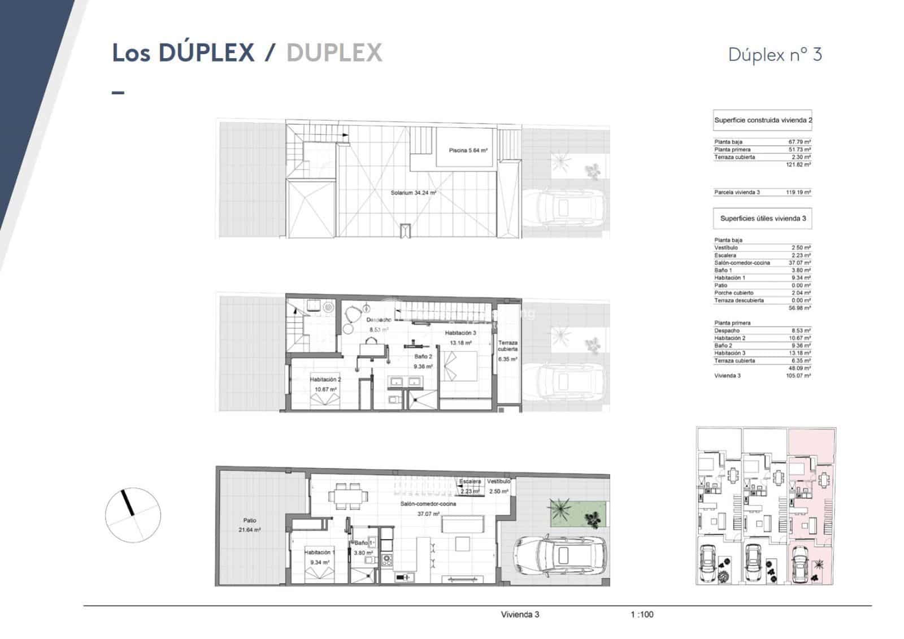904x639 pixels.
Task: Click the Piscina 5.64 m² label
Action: [x=468, y=150]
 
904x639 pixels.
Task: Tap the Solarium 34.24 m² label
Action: [x=413, y=193]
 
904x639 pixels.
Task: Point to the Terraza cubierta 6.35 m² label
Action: [x=507, y=350]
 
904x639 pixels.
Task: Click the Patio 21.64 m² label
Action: [x=249, y=525]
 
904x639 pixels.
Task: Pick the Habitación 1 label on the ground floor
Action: [x=319, y=557]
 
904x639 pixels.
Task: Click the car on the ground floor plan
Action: [x=559, y=557]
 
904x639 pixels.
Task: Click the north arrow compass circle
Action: [x=133, y=515]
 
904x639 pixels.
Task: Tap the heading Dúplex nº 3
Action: [x=775, y=55]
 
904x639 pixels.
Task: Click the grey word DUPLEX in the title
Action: [x=334, y=53]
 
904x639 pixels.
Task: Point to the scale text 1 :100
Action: [x=642, y=614]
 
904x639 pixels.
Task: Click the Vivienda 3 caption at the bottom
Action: [x=520, y=614]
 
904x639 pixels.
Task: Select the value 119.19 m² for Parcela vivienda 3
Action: [x=798, y=192]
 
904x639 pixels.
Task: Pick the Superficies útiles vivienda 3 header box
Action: [x=762, y=218]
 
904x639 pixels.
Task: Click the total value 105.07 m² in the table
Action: [x=798, y=375]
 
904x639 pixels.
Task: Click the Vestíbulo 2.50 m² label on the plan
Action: [x=498, y=486]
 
